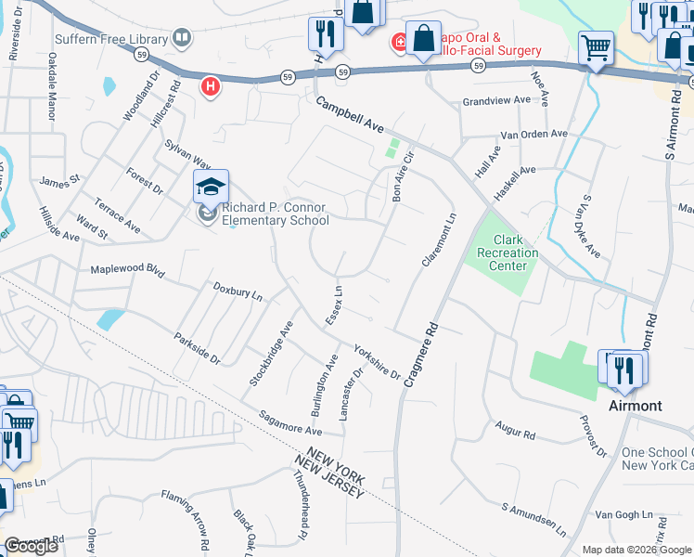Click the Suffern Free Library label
pos(111,39)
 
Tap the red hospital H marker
pos(212,86)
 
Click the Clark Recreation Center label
pos(502,253)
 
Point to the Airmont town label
pos(635,406)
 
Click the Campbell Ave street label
pos(349,115)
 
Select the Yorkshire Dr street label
pos(376,362)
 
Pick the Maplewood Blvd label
pos(126,270)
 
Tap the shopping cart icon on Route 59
pos(596,47)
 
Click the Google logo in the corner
pos(32,545)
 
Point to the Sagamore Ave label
pos(289,424)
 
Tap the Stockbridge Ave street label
pos(271,354)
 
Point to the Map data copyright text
pos(636,550)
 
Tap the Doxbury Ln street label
pos(238,292)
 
